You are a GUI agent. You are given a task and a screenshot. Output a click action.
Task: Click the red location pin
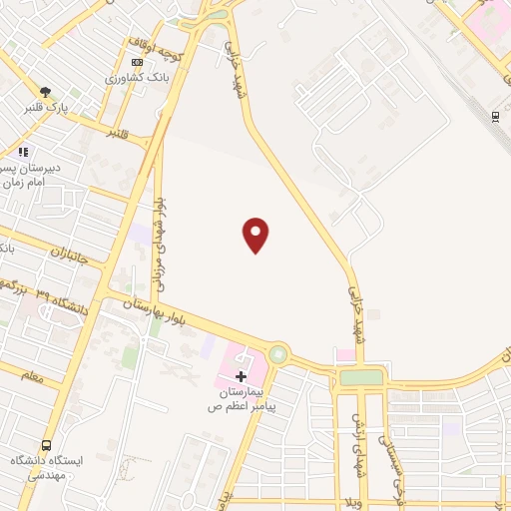(256, 234)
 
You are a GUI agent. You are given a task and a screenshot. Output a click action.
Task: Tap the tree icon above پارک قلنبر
(45, 92)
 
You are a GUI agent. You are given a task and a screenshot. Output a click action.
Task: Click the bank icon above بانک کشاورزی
(137, 62)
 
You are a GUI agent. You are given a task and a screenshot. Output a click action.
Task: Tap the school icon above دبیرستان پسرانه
(23, 152)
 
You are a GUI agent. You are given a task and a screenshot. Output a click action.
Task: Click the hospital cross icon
(241, 376)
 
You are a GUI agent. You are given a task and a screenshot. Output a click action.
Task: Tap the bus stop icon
(46, 446)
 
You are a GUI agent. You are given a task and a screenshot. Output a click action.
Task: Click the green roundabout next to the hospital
(277, 353)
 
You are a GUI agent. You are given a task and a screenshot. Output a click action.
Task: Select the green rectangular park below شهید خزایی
(361, 377)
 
